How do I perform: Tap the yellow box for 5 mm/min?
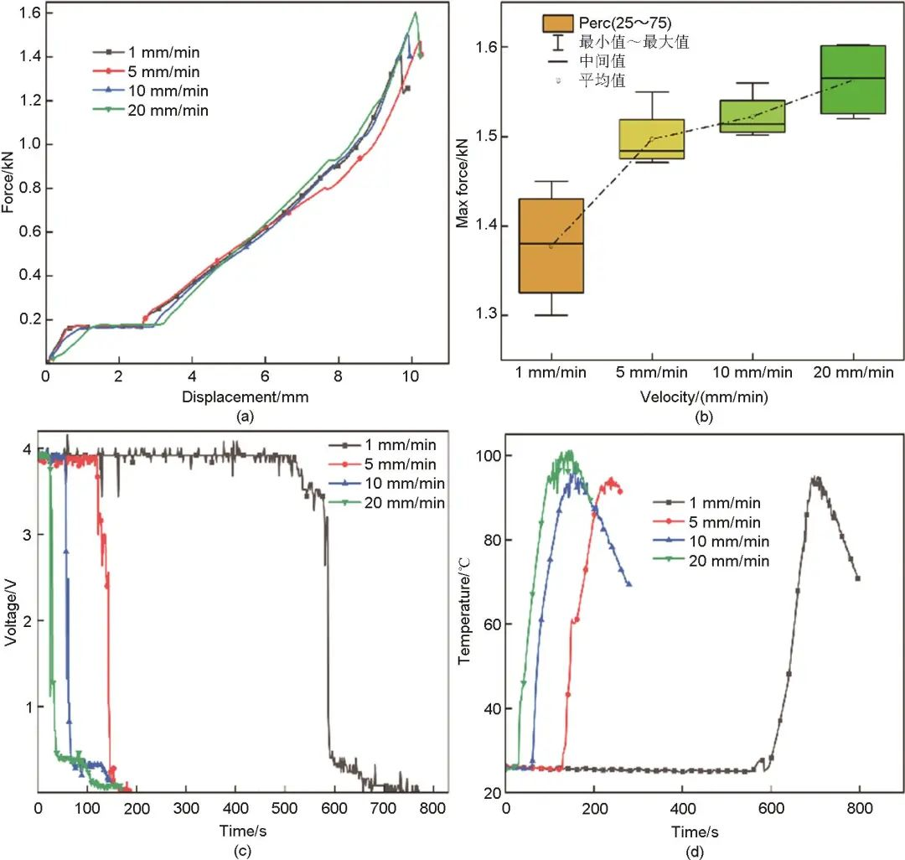click(651, 138)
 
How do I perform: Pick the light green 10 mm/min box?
click(752, 117)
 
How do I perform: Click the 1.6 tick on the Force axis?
click(27, 13)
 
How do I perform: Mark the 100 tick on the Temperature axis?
click(488, 456)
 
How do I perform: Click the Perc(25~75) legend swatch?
click(557, 23)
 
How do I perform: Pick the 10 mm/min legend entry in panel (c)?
click(394, 484)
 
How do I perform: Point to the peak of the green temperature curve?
click(569, 452)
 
